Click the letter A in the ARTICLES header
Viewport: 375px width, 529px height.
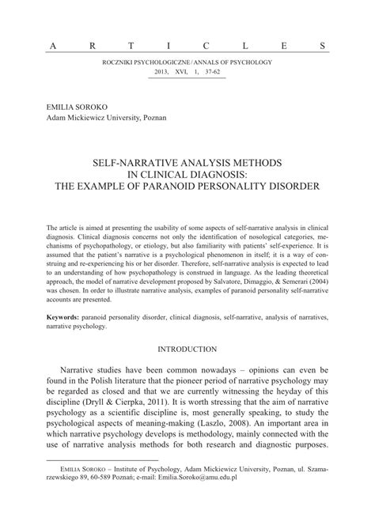coord(52,46)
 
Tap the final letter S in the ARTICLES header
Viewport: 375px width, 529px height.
coord(323,46)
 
